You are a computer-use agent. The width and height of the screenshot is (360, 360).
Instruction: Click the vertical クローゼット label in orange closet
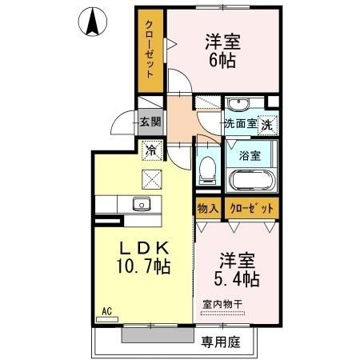[150, 50]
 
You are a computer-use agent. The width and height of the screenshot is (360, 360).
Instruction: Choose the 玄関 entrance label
[150, 122]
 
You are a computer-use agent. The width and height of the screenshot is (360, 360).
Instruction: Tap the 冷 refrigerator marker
[150, 148]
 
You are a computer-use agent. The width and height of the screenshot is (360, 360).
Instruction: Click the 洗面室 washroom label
[239, 124]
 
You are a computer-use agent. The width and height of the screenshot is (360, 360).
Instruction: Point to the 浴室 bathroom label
[250, 155]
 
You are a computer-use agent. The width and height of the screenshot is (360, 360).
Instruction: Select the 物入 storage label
[207, 208]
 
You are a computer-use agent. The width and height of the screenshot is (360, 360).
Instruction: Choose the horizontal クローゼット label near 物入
[250, 208]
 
